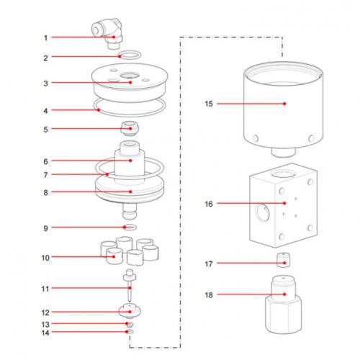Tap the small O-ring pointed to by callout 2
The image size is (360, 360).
coord(130,55)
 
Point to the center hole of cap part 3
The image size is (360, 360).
coord(130,77)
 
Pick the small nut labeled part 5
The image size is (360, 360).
coord(130,129)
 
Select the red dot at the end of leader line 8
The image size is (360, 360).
coord(130,192)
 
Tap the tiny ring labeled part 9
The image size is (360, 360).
coord(130,228)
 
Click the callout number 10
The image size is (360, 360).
coord(45,256)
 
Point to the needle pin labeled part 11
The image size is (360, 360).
coord(129,288)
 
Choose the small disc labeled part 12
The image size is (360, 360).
coord(130,313)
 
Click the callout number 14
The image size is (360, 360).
coord(45,333)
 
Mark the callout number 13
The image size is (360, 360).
coord(45,324)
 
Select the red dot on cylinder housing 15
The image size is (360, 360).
coord(285,104)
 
